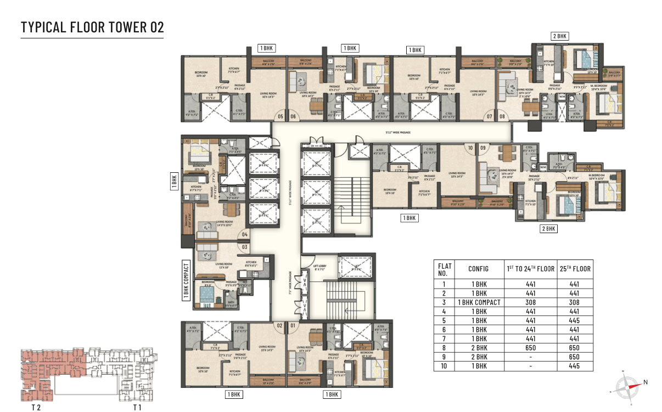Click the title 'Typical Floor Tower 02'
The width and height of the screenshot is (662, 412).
point(92,27)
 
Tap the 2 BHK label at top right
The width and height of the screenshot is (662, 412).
point(559,36)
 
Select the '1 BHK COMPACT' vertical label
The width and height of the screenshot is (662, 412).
point(186,281)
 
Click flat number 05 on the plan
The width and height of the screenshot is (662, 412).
point(280,116)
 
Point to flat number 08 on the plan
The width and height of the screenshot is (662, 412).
point(502,116)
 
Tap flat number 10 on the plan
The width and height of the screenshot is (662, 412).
point(469,148)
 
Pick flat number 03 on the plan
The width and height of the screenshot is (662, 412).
point(244,247)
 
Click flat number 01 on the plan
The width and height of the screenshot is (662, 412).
point(292,325)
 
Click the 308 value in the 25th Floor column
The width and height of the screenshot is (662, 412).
point(575,302)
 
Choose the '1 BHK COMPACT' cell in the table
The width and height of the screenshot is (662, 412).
point(479,302)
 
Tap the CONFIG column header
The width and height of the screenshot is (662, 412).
point(479,269)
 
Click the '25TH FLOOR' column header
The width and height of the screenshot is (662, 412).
point(575,269)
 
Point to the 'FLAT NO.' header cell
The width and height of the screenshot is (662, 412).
point(444,269)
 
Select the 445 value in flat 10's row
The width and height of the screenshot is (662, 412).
point(575,366)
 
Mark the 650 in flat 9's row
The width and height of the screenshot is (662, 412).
point(575,357)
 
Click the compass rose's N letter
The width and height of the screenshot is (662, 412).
point(646,382)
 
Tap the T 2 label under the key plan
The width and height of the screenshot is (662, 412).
point(37,408)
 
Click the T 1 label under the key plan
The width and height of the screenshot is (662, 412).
point(137,408)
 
